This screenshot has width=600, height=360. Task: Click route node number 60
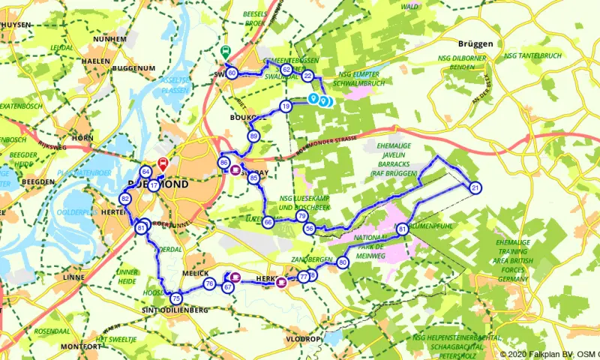pyautogui.click(x=232, y=73)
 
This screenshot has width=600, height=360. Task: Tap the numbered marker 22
pyautogui.click(x=307, y=76)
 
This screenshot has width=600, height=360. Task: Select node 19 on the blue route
pyautogui.click(x=286, y=106)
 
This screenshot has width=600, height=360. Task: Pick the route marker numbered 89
pyautogui.click(x=254, y=136)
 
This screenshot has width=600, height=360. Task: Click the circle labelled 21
pyautogui.click(x=475, y=187)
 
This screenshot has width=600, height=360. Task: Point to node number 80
pyautogui.click(x=343, y=262)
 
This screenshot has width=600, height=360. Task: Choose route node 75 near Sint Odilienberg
pyautogui.click(x=176, y=298)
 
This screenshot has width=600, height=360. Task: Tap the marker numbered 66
pyautogui.click(x=268, y=222)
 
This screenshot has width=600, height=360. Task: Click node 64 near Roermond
pyautogui.click(x=145, y=172)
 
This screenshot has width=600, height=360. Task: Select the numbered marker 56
pyautogui.click(x=309, y=228)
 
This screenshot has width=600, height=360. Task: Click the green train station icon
pyautogui.click(x=224, y=53)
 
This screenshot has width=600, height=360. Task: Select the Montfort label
pyautogui.click(x=82, y=346)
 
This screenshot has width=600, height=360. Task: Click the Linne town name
pyautogui.click(x=75, y=277)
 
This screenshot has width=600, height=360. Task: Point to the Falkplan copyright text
pyautogui.click(x=549, y=354)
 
